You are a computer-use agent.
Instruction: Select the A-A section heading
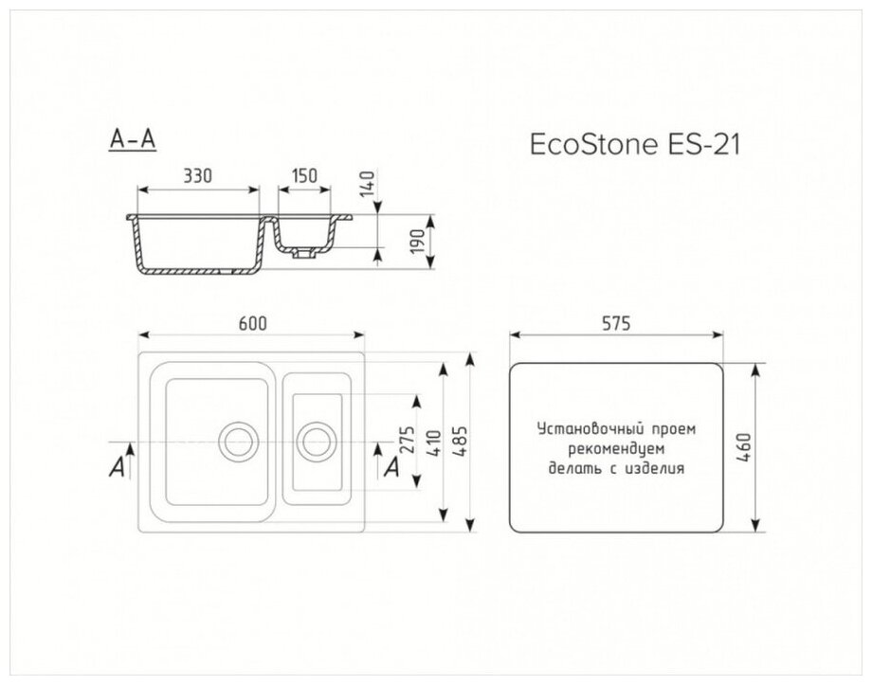pyautogui.click(x=132, y=140)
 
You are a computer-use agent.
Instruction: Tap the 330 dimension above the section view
pyautogui.click(x=197, y=176)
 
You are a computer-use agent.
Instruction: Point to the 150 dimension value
pyautogui.click(x=304, y=176)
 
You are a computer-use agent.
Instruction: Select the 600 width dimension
pyautogui.click(x=252, y=322)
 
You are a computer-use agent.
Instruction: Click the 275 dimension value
pyautogui.click(x=405, y=442)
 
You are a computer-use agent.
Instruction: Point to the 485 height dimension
pyautogui.click(x=463, y=442)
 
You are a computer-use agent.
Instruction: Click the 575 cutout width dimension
pyautogui.click(x=616, y=322)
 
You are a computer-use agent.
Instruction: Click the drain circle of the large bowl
pyautogui.click(x=238, y=441)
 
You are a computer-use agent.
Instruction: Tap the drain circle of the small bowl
pyautogui.click(x=316, y=441)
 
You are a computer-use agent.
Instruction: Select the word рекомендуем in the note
pyautogui.click(x=615, y=447)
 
